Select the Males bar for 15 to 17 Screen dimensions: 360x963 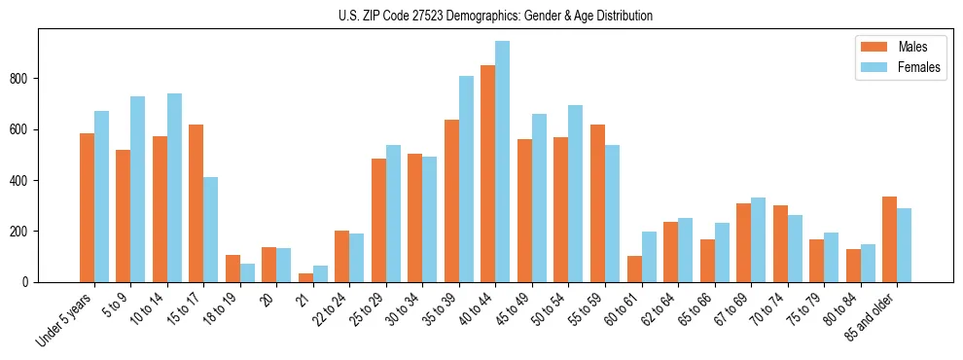[196, 203]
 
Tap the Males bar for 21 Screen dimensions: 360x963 [305, 277]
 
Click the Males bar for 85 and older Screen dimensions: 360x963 [889, 239]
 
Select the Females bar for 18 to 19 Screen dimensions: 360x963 [247, 272]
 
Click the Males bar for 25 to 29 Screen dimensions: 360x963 [378, 220]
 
